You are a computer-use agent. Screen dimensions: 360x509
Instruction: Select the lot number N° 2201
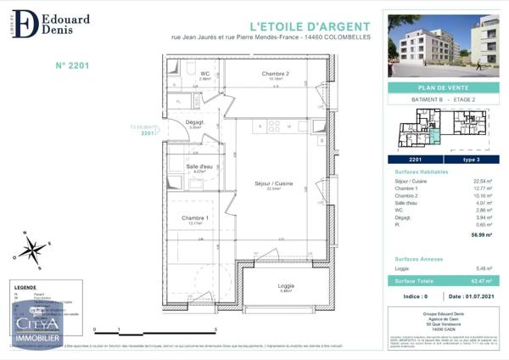(x=72, y=64)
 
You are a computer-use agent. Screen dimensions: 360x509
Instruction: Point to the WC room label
(x=204, y=74)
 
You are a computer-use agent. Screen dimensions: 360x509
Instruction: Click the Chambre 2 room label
(x=276, y=74)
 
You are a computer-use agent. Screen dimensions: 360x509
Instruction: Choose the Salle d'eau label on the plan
(x=199, y=166)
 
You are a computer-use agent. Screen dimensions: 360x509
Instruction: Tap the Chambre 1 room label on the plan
(x=195, y=219)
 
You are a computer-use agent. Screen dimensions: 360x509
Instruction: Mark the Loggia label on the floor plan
(x=286, y=285)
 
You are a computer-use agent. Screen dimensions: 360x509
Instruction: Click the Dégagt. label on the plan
(x=198, y=123)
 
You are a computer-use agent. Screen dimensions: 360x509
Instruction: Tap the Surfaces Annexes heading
(x=419, y=258)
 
